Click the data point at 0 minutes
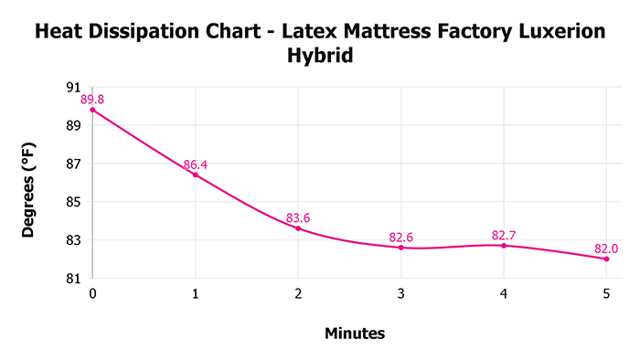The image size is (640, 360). (92, 110)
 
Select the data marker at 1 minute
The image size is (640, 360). (195, 175)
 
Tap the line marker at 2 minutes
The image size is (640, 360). (298, 228)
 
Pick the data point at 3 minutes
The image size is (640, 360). (400, 247)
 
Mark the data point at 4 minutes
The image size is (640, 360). (504, 245)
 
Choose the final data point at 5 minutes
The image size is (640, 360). (606, 259)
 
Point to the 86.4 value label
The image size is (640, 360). (195, 164)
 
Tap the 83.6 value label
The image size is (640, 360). (298, 217)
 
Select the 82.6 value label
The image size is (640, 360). (400, 238)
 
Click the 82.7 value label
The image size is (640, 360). (504, 235)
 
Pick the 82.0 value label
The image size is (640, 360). (606, 249)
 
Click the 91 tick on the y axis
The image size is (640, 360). (74, 88)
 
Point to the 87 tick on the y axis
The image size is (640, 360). (74, 164)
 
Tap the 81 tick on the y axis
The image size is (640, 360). (74, 278)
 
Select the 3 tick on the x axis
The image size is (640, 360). (400, 294)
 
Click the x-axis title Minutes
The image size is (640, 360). (355, 334)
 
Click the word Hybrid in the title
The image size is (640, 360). (320, 57)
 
